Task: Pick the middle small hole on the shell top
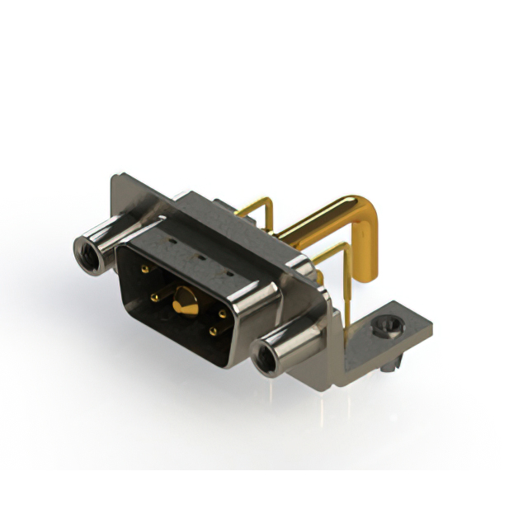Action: pyautogui.click(x=200, y=256)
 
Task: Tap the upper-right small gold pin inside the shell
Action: pyautogui.click(x=222, y=313)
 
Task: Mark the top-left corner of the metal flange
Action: pyautogui.click(x=115, y=176)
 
